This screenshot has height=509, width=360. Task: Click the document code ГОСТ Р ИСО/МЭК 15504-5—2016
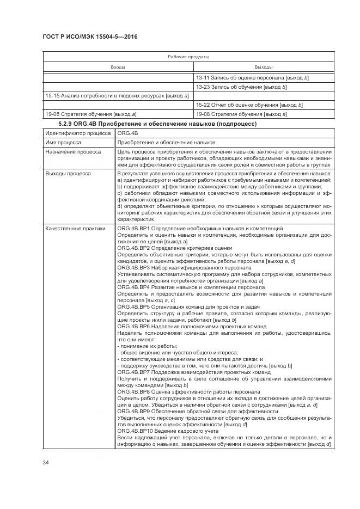pyautogui.click(x=90, y=36)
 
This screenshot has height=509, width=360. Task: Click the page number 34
pyautogui.click(x=46, y=463)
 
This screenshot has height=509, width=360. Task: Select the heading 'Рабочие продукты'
pyautogui.click(x=188, y=57)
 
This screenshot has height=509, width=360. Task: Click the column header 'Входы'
pyautogui.click(x=118, y=67)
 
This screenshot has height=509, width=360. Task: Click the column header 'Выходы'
pyautogui.click(x=264, y=67)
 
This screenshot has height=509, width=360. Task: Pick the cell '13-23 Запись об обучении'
pyautogui.click(x=241, y=87)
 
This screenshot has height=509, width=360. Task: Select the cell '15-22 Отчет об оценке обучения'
pyautogui.click(x=249, y=105)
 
